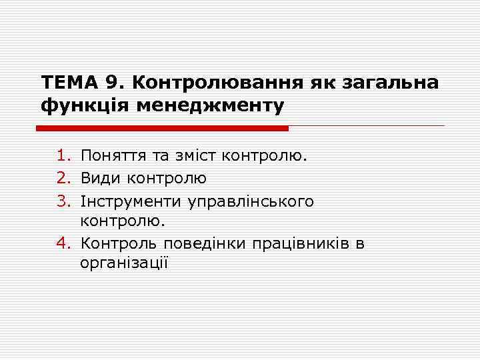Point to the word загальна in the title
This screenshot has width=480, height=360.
[390, 83]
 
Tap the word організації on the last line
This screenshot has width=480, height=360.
[124, 263]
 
